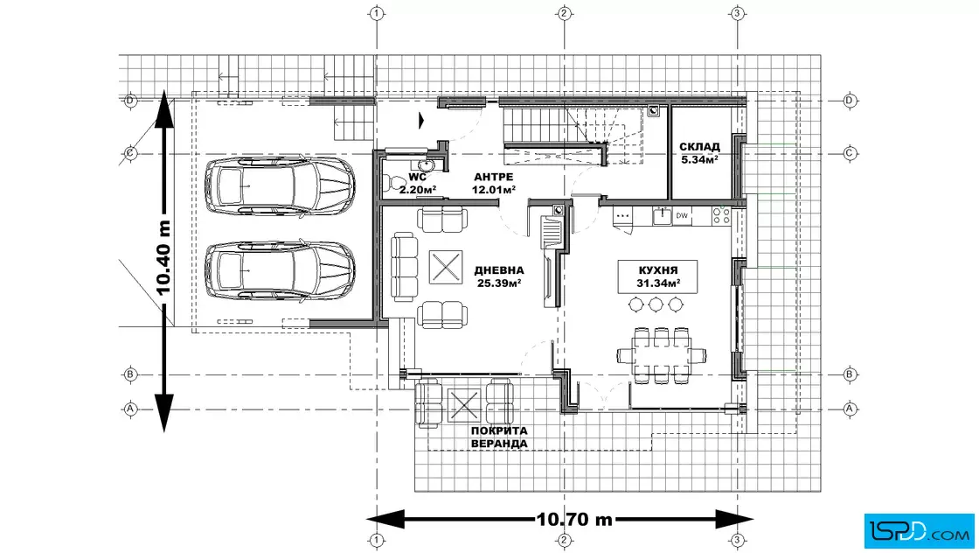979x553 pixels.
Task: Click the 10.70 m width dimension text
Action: coord(574,519)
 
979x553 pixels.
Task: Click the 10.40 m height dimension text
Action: coord(163,257)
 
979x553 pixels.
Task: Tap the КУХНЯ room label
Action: coord(658,270)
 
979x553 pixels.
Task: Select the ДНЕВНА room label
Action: coord(499,270)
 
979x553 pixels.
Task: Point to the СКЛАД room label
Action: coord(699,147)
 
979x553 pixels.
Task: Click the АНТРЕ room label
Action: coord(493,178)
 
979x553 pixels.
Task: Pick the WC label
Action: coord(418,178)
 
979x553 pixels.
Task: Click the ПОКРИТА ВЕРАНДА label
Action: coord(499,437)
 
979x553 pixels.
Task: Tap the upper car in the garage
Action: coord(281,187)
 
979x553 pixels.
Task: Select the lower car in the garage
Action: coord(281,270)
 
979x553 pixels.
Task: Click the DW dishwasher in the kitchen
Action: coord(682,216)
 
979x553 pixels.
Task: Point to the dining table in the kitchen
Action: coord(661,355)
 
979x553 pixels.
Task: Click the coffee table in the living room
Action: coord(446,267)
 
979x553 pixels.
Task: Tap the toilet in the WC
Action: coord(393,183)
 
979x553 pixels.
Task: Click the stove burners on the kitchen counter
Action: coord(721,216)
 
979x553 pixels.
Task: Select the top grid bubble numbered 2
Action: coord(565,13)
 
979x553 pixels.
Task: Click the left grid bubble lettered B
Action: coord(130,374)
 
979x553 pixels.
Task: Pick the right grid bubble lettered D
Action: coord(849,101)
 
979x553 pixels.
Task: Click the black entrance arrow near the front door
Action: coord(421,120)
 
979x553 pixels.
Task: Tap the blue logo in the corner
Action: coord(919,530)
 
